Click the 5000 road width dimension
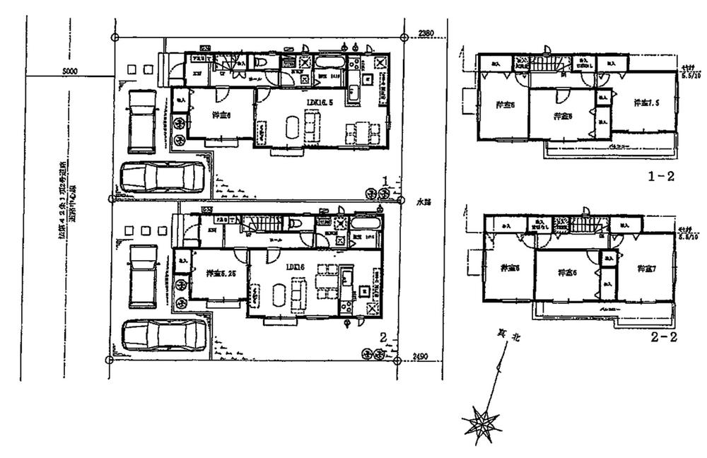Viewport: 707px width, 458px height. [69, 71]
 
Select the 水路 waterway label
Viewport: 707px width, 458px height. [423, 201]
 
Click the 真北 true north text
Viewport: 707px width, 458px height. [511, 339]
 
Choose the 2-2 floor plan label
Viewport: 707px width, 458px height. [664, 337]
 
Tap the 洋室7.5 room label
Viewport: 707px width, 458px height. [645, 101]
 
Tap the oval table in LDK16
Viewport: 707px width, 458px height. [278, 290]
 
